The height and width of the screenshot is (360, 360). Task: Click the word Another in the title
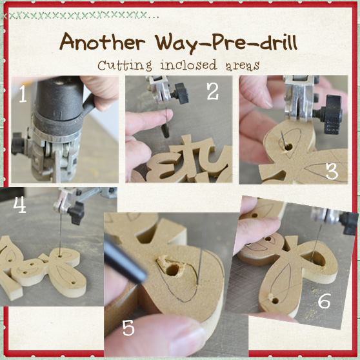[x=103, y=42]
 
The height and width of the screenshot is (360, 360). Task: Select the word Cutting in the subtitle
[x=125, y=65]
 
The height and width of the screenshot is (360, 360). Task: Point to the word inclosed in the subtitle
[x=188, y=65]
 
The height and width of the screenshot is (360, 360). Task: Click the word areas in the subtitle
[x=243, y=66]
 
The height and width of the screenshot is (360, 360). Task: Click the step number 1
[x=23, y=94]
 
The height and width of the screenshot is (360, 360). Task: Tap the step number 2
[x=213, y=91]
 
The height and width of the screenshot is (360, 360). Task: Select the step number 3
[x=332, y=171]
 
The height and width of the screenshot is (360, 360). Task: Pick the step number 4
[x=20, y=205]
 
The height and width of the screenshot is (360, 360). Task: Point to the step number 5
[x=128, y=328]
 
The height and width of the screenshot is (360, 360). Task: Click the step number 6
[x=324, y=301]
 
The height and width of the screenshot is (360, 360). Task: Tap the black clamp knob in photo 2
[x=181, y=93]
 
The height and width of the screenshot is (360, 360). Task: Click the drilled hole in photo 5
[x=173, y=270]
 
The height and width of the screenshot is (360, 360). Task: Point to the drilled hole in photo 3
[x=288, y=146]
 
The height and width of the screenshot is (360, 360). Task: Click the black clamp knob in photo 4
[x=76, y=213]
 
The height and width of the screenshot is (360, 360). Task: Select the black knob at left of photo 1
[x=17, y=143]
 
